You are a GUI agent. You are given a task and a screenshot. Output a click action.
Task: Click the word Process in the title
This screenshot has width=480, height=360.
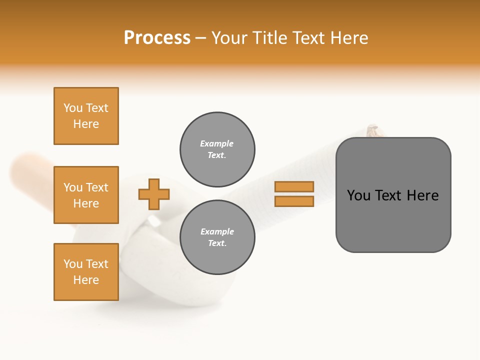(x=157, y=38)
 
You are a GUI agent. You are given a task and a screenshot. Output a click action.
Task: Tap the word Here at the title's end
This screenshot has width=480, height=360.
(x=348, y=38)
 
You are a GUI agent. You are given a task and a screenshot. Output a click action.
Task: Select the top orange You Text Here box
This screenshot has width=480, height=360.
(x=86, y=116)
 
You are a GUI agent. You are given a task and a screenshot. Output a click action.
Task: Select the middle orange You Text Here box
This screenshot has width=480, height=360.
(x=86, y=195)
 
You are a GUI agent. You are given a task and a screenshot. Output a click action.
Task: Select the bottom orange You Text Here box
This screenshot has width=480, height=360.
(x=86, y=272)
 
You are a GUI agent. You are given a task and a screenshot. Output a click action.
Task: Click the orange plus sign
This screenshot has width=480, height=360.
(x=154, y=194)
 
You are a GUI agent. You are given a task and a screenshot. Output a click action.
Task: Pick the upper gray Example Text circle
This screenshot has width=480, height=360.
(x=217, y=149)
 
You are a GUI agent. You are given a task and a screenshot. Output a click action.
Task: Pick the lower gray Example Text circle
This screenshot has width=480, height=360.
(x=217, y=237)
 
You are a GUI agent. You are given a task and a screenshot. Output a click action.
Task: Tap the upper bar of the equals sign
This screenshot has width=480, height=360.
(x=294, y=186)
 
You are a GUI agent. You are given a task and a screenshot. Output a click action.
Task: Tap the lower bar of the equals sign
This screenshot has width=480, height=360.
(x=294, y=201)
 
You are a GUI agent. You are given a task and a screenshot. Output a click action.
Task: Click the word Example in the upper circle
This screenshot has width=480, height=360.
(x=217, y=143)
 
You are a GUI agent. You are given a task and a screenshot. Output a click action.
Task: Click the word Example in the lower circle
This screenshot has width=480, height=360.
(x=217, y=231)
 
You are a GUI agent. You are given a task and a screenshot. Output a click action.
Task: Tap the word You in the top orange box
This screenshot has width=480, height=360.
(x=73, y=108)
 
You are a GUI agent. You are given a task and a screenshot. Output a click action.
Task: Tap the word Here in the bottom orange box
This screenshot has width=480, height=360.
(x=86, y=280)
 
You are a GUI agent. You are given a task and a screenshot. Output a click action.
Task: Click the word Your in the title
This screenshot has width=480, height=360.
(x=228, y=38)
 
